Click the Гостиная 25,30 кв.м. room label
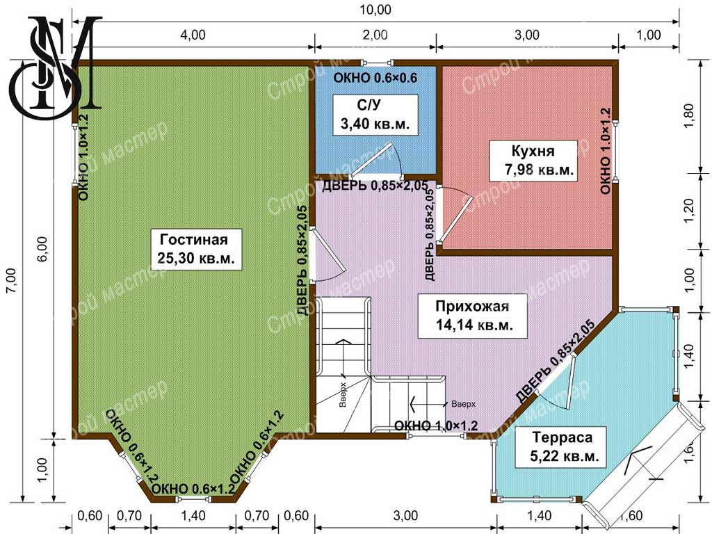click(x=195, y=249)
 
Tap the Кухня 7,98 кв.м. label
click(x=533, y=161)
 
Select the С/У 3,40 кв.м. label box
click(x=375, y=115)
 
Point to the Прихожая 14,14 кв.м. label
click(x=472, y=316)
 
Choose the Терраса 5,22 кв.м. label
click(x=562, y=447)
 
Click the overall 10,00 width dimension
click(x=375, y=10)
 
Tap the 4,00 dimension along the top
click(x=193, y=35)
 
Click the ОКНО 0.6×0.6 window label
click(x=375, y=78)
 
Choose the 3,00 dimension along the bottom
click(x=405, y=516)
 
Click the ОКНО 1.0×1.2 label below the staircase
click(x=436, y=426)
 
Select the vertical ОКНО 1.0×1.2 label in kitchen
click(x=606, y=151)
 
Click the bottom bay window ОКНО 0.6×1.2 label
click(x=193, y=489)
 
